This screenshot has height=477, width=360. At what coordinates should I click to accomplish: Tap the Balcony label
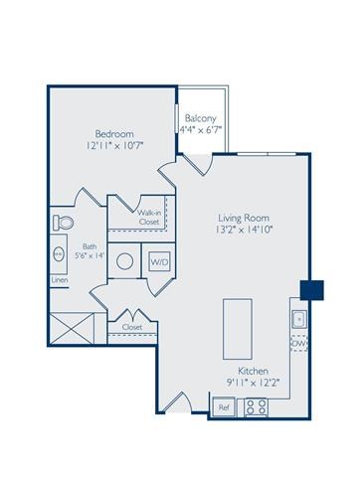[200, 117]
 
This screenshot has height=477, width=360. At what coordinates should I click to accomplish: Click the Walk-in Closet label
[149, 217]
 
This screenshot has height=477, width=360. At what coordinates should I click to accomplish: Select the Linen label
[60, 281]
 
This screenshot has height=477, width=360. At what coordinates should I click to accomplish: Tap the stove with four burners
[255, 405]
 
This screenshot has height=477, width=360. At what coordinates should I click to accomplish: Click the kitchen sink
[298, 319]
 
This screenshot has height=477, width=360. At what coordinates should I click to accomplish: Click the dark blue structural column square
[313, 288]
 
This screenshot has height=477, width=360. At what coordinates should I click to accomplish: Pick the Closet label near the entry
[132, 326]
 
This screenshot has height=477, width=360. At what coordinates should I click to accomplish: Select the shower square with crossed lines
[75, 326]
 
